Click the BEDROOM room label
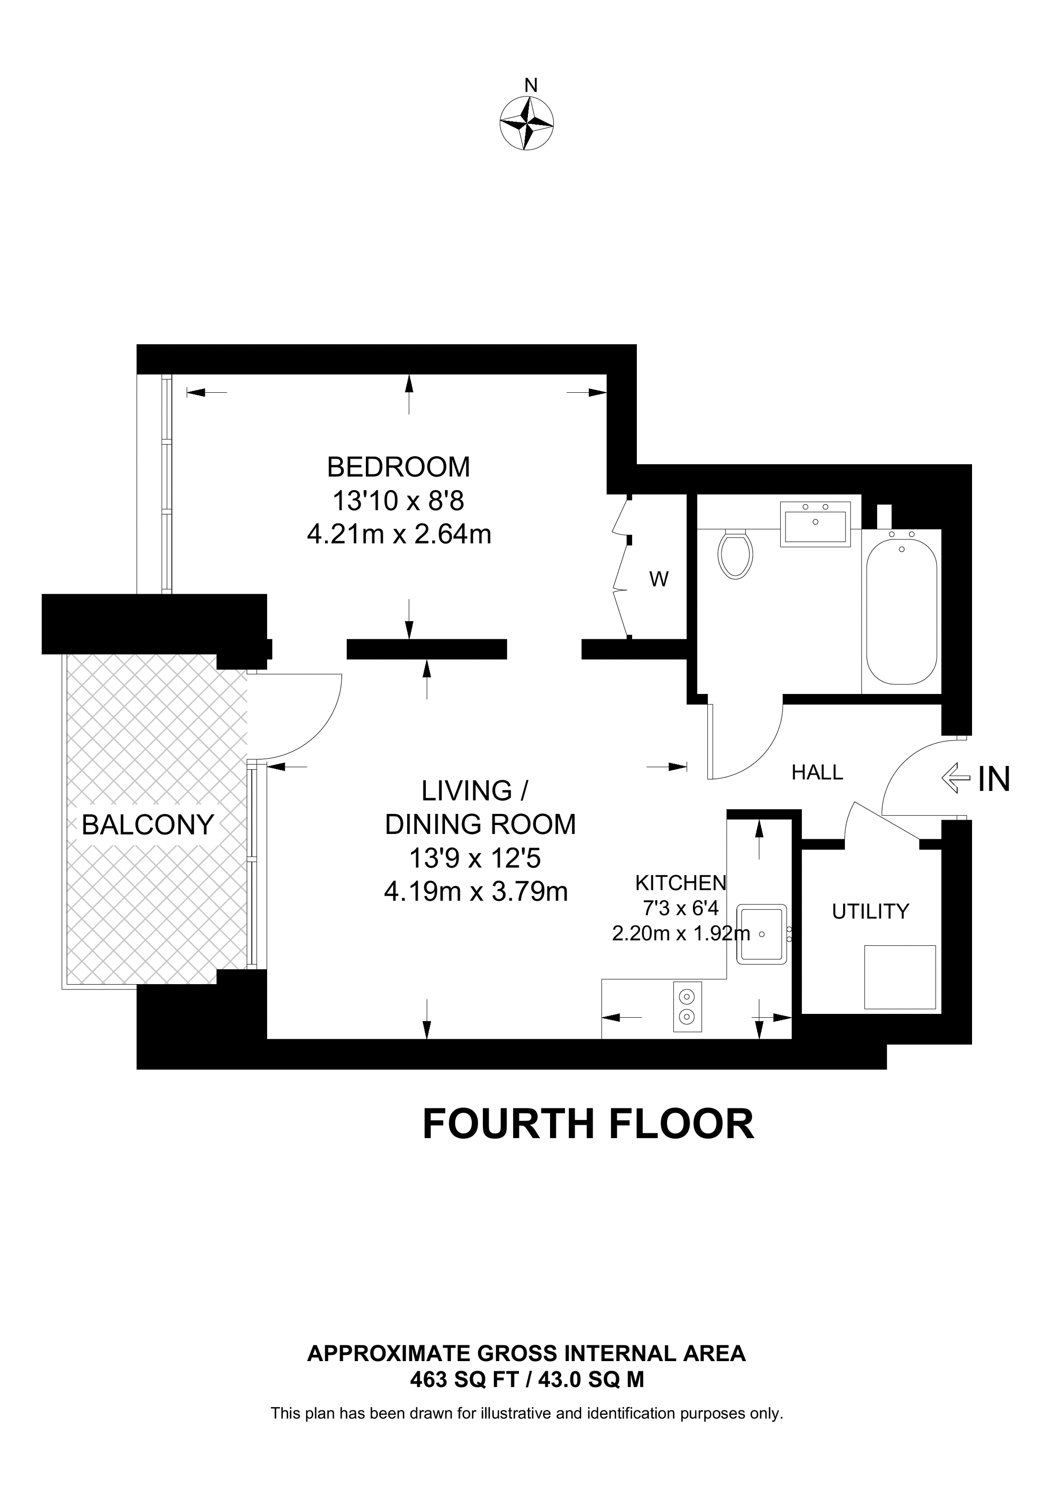coord(399,467)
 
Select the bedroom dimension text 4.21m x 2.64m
coord(399,534)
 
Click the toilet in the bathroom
coord(735,554)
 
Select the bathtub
coord(902,607)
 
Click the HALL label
coord(817,773)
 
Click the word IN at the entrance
coord(994,778)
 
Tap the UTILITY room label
coord(870,912)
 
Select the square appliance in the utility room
coord(900,976)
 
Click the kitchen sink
coord(762,934)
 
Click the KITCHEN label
coord(680,882)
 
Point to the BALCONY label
coord(148,825)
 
